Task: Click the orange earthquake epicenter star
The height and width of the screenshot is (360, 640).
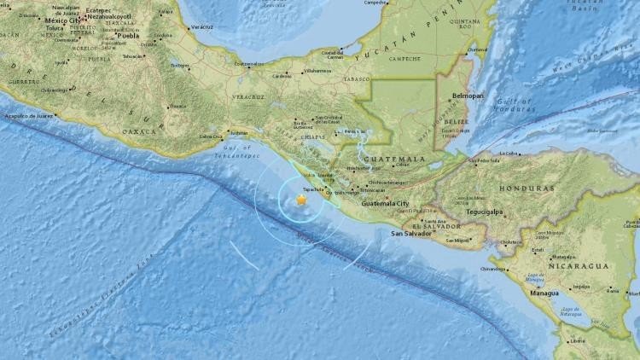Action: (300, 200)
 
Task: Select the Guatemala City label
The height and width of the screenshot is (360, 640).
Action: (386, 204)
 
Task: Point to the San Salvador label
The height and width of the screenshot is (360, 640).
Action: (409, 232)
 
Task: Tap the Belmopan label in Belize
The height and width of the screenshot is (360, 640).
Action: (468, 96)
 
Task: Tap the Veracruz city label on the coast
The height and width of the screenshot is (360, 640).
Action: (202, 27)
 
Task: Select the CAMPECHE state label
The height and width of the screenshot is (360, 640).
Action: (404, 59)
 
